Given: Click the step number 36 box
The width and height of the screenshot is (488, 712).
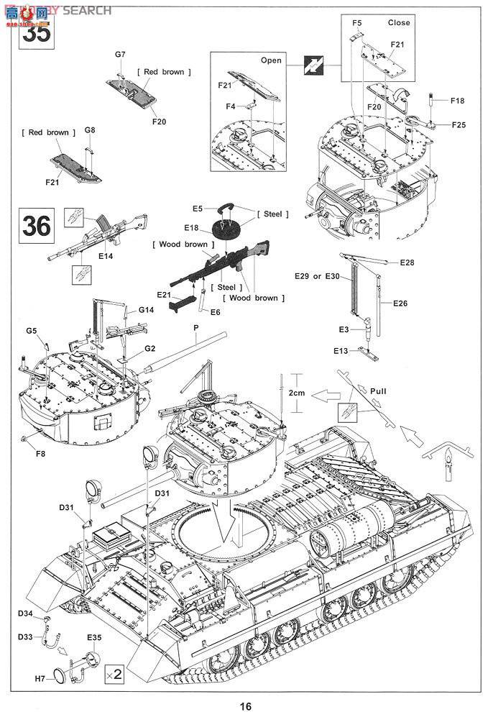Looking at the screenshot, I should coord(37,226).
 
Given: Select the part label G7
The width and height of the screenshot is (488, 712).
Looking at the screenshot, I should coord(120,55).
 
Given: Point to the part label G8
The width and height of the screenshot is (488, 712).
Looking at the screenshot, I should coord(89,130).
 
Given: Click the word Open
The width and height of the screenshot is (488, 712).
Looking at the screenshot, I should coord(271,60).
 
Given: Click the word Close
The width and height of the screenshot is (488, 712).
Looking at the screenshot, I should coord(398,22).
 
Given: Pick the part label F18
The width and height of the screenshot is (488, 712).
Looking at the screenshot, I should coord(458,101).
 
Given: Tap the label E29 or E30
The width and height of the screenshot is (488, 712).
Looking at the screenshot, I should coord(316,276).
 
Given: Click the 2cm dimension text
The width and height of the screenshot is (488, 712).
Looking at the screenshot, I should coord(297,393).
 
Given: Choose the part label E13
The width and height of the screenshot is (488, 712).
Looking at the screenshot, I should coord(341,350).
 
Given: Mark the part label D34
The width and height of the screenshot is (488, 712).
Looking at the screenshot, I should coord(26,613).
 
